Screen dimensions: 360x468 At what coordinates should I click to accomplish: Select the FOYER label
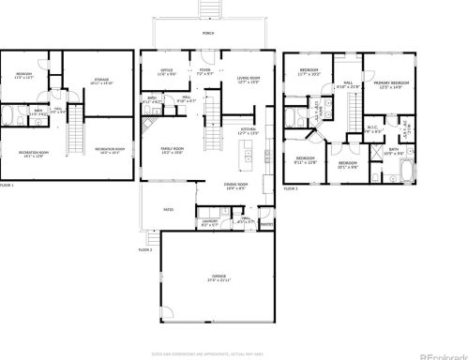tap(204, 69)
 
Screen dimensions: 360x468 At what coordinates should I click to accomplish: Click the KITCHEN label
tap(249, 131)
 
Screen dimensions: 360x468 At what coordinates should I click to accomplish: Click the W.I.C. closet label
tap(371, 128)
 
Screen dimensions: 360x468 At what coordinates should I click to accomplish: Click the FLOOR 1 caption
tap(7, 187)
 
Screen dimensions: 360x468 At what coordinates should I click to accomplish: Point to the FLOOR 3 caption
tap(291, 187)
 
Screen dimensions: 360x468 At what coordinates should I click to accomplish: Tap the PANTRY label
tap(265, 224)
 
